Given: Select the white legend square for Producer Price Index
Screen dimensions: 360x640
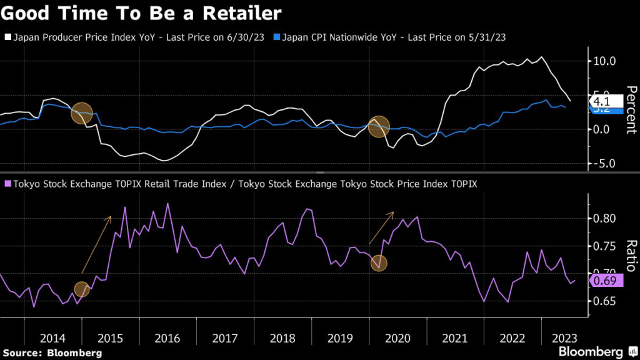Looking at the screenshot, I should point(6,37).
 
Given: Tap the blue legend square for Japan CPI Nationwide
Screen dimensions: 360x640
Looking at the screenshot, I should point(277,37).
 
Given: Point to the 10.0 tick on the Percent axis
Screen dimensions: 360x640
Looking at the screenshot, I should point(605,61).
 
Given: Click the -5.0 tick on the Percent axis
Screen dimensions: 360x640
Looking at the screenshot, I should point(604,164).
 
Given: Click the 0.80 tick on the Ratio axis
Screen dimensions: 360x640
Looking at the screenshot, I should point(605,219).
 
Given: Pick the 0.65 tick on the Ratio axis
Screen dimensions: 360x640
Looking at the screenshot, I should point(605,301).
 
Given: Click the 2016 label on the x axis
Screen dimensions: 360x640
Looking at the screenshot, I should point(168,338).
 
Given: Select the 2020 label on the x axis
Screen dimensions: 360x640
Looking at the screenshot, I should point(397,338).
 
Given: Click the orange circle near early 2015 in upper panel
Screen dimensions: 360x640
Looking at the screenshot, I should point(82,113).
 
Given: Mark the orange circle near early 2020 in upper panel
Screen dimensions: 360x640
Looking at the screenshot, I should point(379,127).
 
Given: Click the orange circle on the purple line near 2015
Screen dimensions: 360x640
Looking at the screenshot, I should point(82,289).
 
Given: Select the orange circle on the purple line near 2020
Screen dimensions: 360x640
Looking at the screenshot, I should point(379,263).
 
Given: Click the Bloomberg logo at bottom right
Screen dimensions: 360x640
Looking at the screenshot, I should point(591,351).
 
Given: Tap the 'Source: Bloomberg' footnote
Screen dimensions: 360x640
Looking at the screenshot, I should point(51,353).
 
